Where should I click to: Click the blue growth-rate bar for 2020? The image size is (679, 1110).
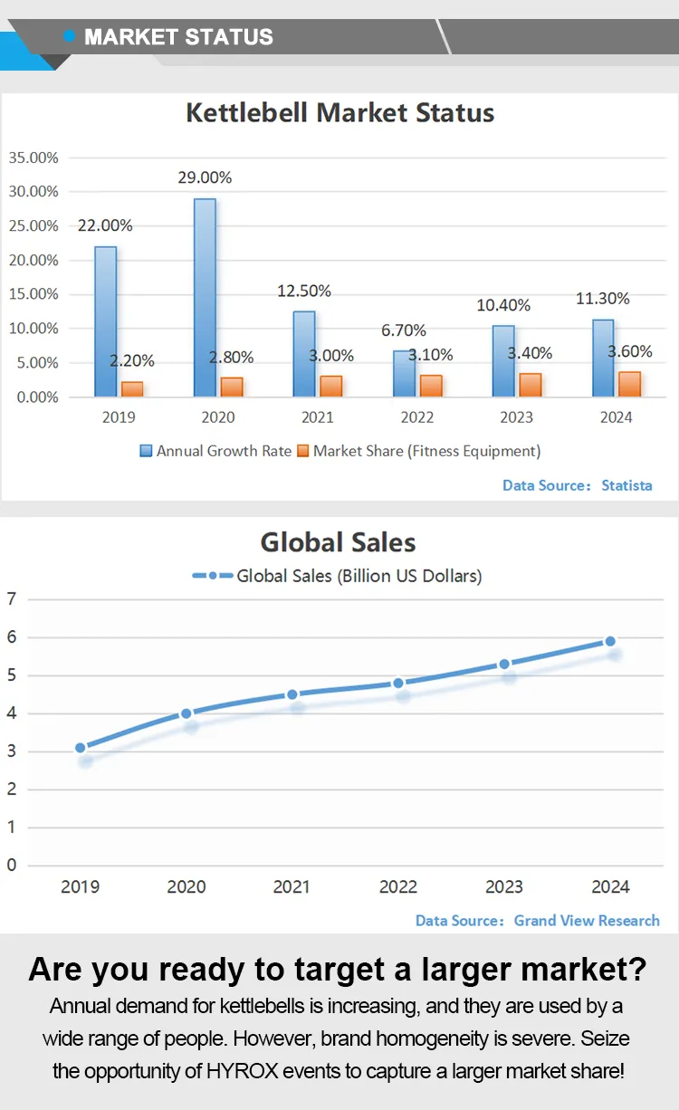tap(205, 297)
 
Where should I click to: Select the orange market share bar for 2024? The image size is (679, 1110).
tap(629, 384)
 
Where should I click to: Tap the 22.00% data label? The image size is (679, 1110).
tap(105, 225)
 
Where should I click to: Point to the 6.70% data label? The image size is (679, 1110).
tap(404, 330)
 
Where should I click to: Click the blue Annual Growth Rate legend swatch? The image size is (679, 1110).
tap(146, 450)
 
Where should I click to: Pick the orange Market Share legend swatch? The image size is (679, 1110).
tap(303, 450)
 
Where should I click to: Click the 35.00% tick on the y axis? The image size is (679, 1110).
tap(33, 158)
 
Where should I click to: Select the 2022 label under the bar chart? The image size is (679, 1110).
tap(416, 417)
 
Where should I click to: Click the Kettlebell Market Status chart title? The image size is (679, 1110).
tap(339, 113)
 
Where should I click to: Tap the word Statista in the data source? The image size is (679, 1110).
tap(626, 485)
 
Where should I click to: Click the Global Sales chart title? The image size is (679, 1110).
tap(339, 542)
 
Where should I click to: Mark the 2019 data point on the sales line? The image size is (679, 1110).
tap(81, 748)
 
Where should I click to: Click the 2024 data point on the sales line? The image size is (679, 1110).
tap(610, 641)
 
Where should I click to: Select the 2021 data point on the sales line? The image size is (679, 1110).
tap(292, 694)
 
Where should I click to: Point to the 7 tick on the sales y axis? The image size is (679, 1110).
tap(11, 598)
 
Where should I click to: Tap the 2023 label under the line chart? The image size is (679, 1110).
tap(504, 887)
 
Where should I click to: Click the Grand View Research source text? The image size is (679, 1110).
tap(587, 920)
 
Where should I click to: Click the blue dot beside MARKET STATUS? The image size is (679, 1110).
tap(70, 36)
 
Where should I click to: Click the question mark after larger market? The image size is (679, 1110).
tap(636, 970)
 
